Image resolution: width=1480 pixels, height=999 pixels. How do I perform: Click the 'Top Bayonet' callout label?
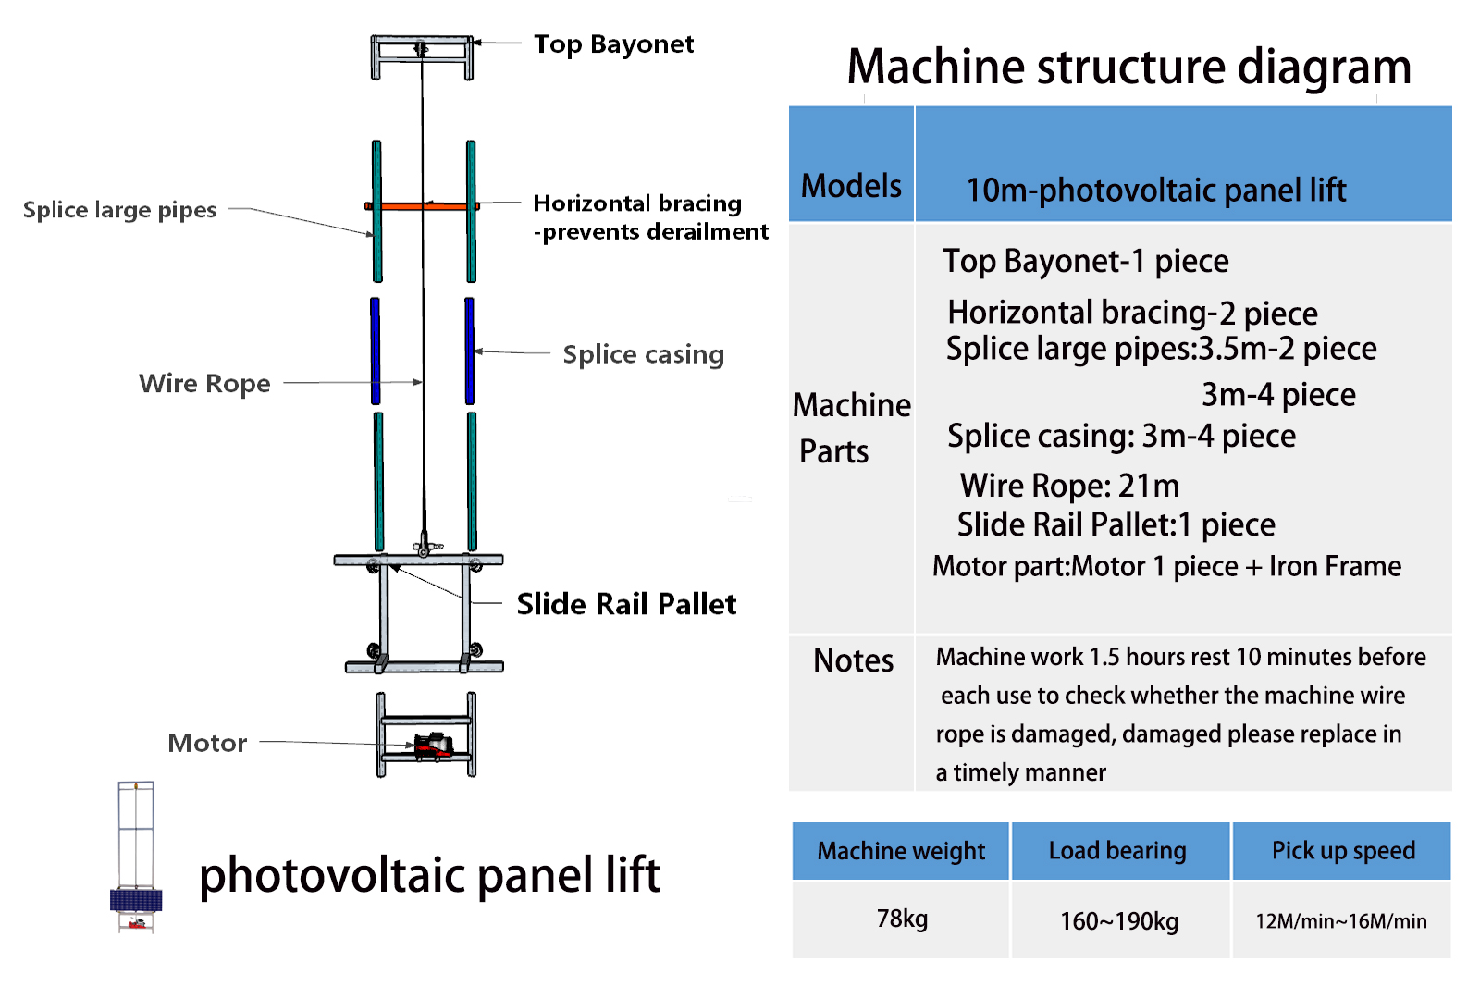coord(613,44)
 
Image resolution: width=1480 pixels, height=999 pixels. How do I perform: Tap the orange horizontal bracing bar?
coord(422,205)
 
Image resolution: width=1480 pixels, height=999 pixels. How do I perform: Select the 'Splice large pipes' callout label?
coord(119,210)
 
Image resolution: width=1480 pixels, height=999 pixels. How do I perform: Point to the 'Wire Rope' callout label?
coord(204,383)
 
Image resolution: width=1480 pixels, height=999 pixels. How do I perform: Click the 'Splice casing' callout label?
coord(643,354)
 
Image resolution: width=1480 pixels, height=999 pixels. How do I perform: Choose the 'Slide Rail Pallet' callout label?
coord(626,604)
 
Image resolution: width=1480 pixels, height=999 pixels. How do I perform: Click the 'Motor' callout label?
coord(207,743)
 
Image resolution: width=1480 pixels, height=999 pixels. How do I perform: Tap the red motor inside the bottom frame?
coord(432,745)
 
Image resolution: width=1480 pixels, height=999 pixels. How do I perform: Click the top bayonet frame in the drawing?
coord(422,55)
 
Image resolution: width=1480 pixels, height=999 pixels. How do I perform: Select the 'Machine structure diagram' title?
coord(1128,67)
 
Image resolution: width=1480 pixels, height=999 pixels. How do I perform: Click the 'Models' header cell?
coord(851,186)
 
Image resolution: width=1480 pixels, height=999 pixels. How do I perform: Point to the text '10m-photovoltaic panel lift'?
coord(1156,191)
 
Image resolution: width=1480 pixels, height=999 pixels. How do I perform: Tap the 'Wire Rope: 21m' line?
coord(1069,486)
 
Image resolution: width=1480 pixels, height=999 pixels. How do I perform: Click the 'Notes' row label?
coord(853,660)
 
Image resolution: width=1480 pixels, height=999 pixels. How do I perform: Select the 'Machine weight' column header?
coord(901,851)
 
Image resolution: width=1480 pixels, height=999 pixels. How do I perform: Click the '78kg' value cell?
coord(902,919)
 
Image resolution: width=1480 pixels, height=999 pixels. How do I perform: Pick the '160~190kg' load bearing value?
coord(1119,921)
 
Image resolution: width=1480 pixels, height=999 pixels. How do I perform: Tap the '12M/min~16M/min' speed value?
coord(1340,921)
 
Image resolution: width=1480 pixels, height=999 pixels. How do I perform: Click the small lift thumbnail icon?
coord(136,857)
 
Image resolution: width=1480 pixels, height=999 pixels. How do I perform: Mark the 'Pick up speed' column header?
coord(1343,851)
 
